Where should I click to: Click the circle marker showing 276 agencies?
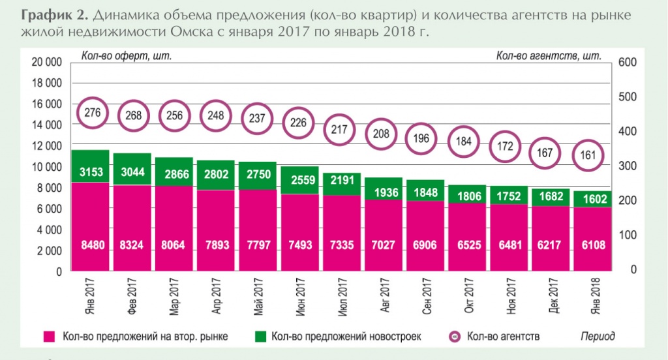click(x=93, y=113)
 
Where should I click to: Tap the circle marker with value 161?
click(x=588, y=156)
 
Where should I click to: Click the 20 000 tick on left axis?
click(x=46, y=62)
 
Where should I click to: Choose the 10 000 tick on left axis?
click(x=46, y=167)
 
